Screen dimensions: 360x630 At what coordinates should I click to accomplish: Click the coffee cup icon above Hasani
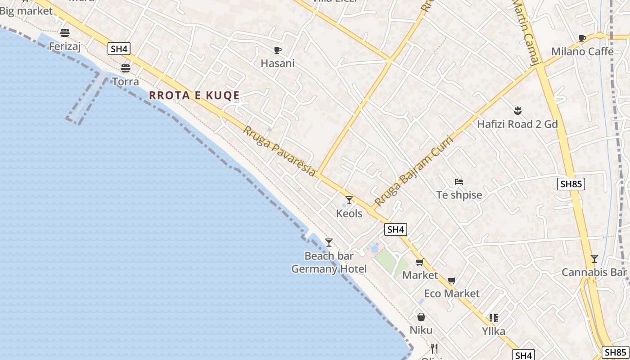pyautogui.click(x=277, y=50)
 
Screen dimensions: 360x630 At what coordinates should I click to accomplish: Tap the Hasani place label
pyautogui.click(x=277, y=63)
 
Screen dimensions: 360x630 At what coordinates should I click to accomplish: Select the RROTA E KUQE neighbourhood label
pyautogui.click(x=194, y=95)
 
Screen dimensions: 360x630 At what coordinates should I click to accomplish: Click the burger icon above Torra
pyautogui.click(x=125, y=68)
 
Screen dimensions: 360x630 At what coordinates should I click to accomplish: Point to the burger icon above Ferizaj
pyautogui.click(x=65, y=32)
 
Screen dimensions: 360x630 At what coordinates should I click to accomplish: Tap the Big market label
pyautogui.click(x=26, y=11)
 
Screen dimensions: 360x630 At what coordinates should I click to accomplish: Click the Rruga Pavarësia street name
pyautogui.click(x=279, y=151)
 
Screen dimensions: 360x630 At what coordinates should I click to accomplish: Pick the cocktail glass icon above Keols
pyautogui.click(x=349, y=200)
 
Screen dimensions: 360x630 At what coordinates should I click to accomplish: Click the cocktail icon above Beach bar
pyautogui.click(x=329, y=242)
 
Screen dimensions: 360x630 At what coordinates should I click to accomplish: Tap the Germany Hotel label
pyautogui.click(x=329, y=269)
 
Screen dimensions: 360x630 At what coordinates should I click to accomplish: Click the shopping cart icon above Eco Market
pyautogui.click(x=452, y=281)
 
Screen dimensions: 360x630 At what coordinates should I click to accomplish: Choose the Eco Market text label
pyautogui.click(x=452, y=293)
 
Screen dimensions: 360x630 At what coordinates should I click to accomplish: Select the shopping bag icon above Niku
pyautogui.click(x=421, y=317)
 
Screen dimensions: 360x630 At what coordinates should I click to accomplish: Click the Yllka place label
pyautogui.click(x=494, y=332)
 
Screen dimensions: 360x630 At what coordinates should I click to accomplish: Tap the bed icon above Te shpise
pyautogui.click(x=459, y=182)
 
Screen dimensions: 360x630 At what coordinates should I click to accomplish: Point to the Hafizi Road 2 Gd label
pyautogui.click(x=517, y=124)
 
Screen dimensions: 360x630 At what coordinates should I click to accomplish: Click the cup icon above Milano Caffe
pyautogui.click(x=582, y=38)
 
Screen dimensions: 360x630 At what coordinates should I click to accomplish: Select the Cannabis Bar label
pyautogui.click(x=594, y=272)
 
